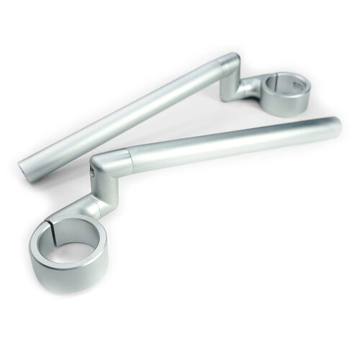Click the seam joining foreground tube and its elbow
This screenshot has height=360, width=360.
(130, 152)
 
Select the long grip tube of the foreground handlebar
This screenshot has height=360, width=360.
(230, 140)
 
